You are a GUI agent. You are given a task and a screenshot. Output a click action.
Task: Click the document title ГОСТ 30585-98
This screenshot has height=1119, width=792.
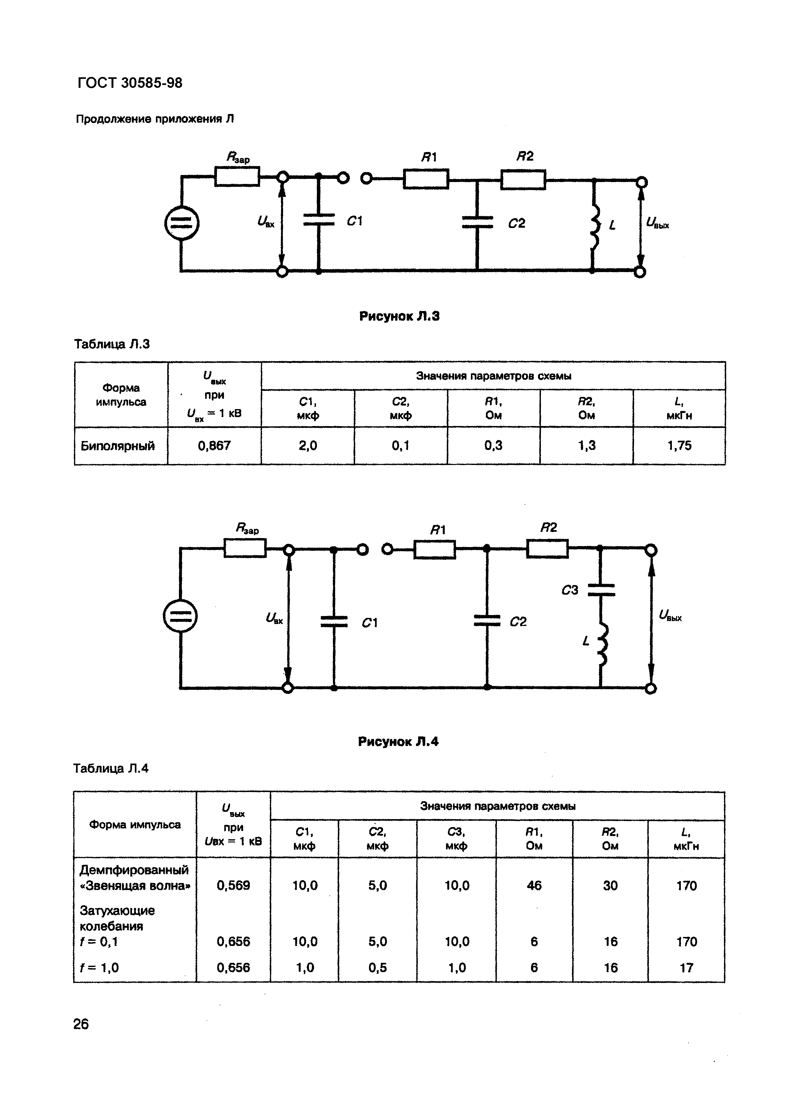[130, 83]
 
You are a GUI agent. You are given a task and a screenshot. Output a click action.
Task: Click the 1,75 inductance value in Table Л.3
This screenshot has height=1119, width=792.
[679, 445]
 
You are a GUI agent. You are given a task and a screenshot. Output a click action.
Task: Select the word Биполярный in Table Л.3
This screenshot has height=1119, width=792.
[118, 446]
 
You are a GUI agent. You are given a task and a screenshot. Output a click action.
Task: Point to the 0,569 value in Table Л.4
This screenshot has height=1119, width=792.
[233, 885]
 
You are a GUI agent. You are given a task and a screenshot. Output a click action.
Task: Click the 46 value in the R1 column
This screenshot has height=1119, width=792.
[534, 885]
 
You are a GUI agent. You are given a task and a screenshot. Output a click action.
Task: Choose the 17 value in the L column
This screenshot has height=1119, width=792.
[686, 967]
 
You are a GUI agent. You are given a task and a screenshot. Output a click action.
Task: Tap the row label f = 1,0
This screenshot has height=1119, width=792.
[99, 967]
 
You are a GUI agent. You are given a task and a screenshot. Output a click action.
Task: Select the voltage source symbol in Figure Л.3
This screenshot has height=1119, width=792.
[181, 223]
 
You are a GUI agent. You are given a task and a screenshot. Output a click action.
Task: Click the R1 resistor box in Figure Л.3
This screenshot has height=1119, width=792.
[426, 179]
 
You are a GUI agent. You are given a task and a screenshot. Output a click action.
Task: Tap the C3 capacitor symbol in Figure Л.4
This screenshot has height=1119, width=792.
[601, 590]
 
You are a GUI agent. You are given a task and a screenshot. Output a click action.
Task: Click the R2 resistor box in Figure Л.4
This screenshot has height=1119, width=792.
[547, 549]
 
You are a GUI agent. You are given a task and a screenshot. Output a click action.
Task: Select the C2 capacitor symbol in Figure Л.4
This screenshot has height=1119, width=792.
[487, 621]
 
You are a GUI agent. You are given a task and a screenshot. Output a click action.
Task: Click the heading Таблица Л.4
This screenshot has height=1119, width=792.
[111, 769]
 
